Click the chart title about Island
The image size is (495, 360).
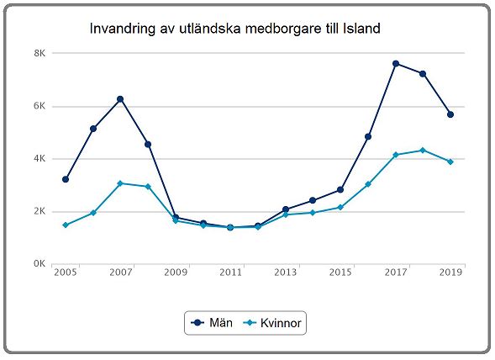click(x=235, y=29)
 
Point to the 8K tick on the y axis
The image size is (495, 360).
click(x=39, y=53)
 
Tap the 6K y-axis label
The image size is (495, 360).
click(x=39, y=106)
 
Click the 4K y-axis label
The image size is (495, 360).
click(x=39, y=158)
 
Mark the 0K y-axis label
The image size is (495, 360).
click(x=39, y=263)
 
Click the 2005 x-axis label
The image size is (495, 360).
click(x=65, y=273)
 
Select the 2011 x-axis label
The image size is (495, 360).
click(x=230, y=273)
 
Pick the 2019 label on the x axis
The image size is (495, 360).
click(x=450, y=273)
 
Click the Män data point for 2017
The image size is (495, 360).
click(x=395, y=64)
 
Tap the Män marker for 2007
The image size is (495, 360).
click(x=120, y=99)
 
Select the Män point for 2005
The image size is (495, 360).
click(x=66, y=179)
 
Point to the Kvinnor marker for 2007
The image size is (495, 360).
click(x=120, y=183)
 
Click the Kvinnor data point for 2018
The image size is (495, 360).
click(x=423, y=151)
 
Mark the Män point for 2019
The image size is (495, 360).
click(x=450, y=114)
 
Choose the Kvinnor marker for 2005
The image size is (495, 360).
click(x=66, y=225)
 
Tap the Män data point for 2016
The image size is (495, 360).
click(x=368, y=136)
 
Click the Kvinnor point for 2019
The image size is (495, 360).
click(x=450, y=161)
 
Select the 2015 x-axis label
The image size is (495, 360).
click(x=340, y=273)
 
